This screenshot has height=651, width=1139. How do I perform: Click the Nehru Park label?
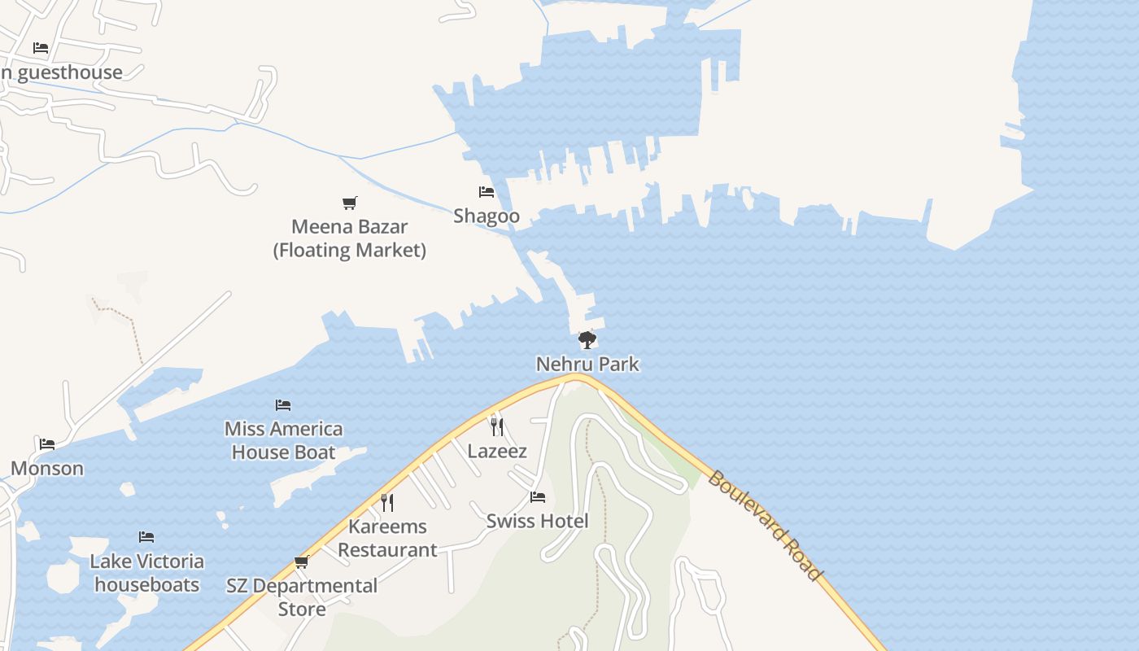pos(587,364)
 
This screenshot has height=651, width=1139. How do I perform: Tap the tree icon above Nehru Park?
pos(587,339)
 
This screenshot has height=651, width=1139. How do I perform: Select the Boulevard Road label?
pos(765,526)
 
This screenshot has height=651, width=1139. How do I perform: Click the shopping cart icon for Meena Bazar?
pos(349,203)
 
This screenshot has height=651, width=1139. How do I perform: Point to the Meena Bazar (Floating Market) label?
pos(349,238)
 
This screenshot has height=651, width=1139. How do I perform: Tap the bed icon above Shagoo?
pos(487,192)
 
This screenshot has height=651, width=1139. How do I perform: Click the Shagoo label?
pos(487,216)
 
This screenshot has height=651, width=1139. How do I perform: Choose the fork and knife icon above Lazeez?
pos(497,426)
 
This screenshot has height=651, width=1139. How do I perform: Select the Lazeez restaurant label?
pos(497,451)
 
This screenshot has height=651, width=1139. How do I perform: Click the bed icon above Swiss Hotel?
pos(537,496)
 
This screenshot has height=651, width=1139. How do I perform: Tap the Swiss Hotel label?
pos(537,521)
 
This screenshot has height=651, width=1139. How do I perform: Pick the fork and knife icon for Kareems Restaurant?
pos(387,502)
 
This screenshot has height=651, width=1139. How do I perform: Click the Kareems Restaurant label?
pos(387,538)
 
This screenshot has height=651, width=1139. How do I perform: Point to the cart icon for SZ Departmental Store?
pos(302,561)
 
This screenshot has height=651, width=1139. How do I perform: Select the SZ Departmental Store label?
pos(302,596)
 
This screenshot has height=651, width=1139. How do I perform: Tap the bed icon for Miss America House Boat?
pos(283,404)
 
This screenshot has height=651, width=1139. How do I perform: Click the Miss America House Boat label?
pos(283,440)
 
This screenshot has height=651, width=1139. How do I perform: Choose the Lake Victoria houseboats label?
pos(146,573)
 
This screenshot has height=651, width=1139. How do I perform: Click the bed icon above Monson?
pos(47,443)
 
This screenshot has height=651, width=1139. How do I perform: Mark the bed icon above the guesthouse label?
pos(41,48)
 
